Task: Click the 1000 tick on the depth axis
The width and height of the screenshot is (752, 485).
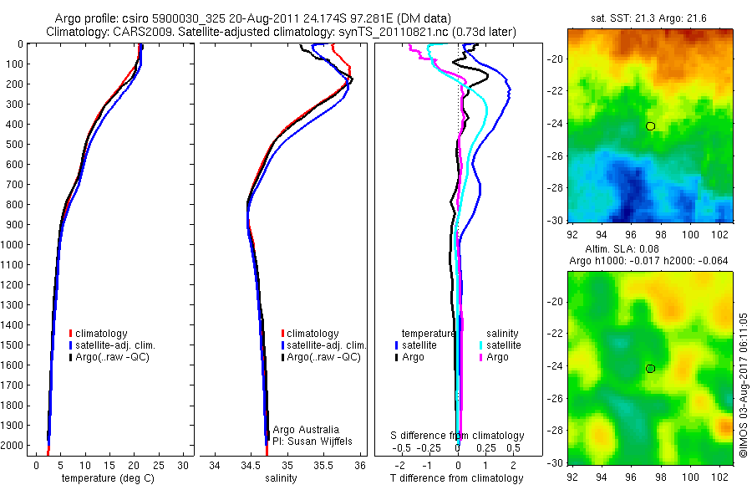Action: coord(13,244)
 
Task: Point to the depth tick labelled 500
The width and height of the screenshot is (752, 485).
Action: coord(14,144)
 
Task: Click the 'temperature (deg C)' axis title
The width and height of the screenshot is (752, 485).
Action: coord(105,478)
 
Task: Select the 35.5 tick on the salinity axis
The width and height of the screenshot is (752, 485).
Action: coord(324,464)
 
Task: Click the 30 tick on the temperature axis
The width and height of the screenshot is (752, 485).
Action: coord(183,464)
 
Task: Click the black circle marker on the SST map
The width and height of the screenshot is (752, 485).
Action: coord(650,126)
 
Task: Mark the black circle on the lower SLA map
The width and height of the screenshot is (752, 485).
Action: coord(650,368)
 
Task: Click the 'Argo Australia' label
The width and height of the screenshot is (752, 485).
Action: coord(307,429)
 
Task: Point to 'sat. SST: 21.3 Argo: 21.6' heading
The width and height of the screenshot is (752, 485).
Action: coord(650,18)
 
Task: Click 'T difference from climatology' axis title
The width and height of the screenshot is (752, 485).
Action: coord(457,478)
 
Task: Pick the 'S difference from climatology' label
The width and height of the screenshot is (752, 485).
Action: coord(457,436)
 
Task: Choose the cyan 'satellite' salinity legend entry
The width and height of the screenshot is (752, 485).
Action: coord(500,345)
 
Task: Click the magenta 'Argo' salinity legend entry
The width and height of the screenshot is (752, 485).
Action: coord(493,357)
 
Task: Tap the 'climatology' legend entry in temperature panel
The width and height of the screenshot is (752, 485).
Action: coord(102,333)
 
